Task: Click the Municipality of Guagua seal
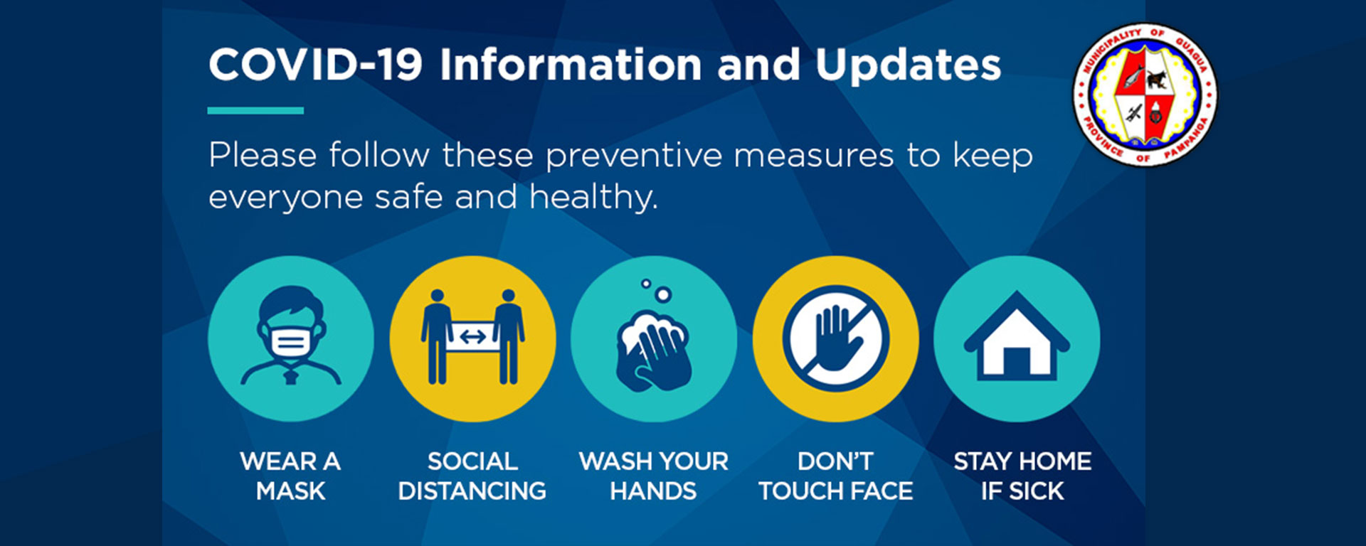pyautogui.click(x=1145, y=95)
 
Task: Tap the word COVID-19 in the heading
pyautogui.click(x=315, y=65)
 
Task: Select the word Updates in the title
pyautogui.click(x=908, y=65)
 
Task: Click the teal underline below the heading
pyautogui.click(x=255, y=110)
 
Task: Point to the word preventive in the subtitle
pyautogui.click(x=633, y=156)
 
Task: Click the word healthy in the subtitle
pyautogui.click(x=593, y=197)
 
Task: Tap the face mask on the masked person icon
pyautogui.click(x=290, y=340)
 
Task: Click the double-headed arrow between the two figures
pyautogui.click(x=473, y=336)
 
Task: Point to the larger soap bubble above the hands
pyautogui.click(x=663, y=294)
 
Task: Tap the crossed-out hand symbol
pyautogui.click(x=835, y=338)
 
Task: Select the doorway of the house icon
pyautogui.click(x=1017, y=360)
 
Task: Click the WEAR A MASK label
pyautogui.click(x=290, y=476)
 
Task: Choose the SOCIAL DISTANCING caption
pyautogui.click(x=472, y=476)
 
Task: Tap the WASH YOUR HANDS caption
pyautogui.click(x=654, y=476)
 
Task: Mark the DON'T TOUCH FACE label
pyautogui.click(x=835, y=476)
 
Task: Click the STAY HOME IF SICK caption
pyautogui.click(x=1022, y=476)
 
